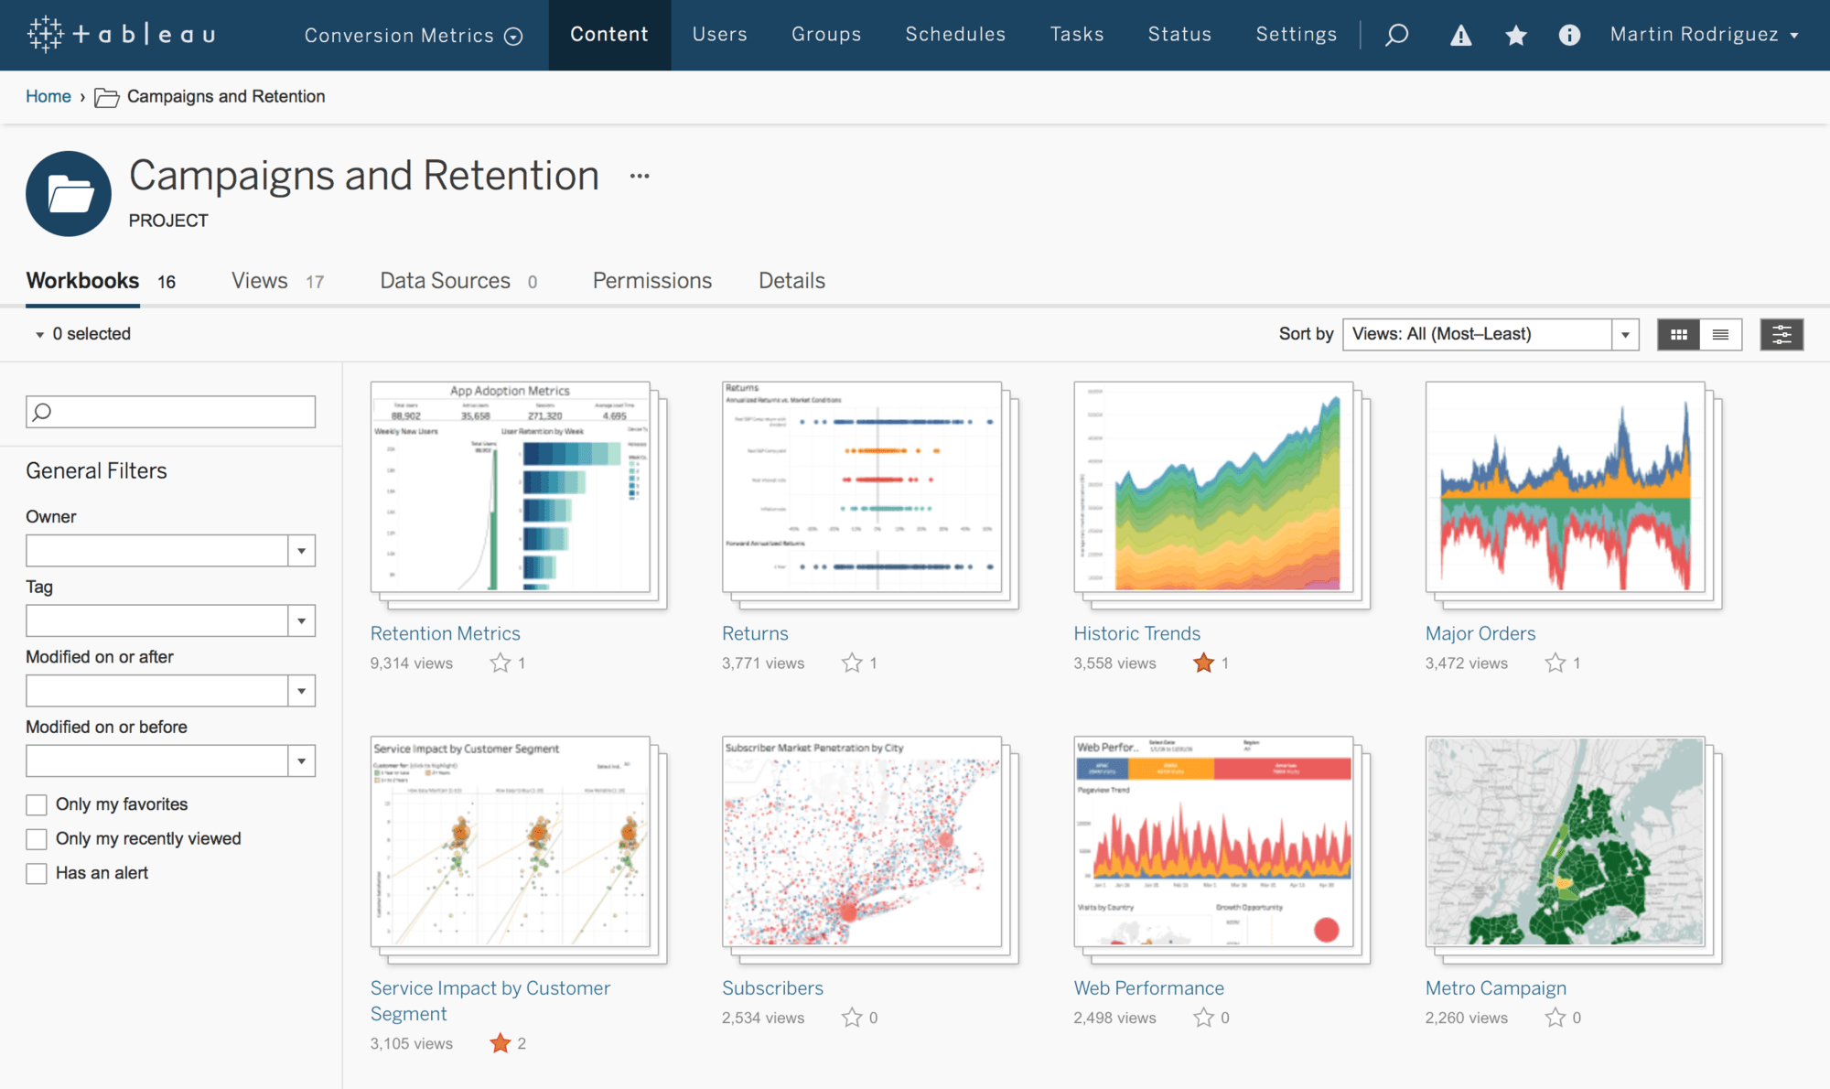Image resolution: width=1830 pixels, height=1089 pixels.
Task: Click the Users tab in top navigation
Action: (x=719, y=35)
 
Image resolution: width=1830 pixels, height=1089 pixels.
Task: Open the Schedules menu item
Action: (x=955, y=35)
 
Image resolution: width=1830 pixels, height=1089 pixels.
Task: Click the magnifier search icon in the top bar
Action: (x=1396, y=36)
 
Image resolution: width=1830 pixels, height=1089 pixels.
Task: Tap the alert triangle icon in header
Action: (x=1460, y=36)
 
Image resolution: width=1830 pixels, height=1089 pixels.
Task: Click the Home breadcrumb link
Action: (x=48, y=96)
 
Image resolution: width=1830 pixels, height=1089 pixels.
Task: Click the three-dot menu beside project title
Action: (x=640, y=176)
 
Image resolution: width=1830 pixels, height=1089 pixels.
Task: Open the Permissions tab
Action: (x=651, y=281)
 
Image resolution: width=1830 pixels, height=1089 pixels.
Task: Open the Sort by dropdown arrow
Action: (x=1625, y=335)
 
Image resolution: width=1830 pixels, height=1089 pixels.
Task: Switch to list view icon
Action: (x=1720, y=335)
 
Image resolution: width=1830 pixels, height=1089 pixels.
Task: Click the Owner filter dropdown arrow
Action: (x=301, y=551)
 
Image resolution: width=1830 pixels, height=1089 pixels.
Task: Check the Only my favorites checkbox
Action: (x=37, y=804)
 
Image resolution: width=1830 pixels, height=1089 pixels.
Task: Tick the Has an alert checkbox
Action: (x=37, y=874)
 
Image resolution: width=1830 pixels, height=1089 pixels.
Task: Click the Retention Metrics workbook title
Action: (x=445, y=633)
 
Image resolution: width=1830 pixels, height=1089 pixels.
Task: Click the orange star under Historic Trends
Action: (x=1203, y=663)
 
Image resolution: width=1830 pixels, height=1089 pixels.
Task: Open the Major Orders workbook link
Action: (x=1480, y=633)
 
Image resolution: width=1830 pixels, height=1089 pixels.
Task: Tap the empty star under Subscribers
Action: (x=852, y=1018)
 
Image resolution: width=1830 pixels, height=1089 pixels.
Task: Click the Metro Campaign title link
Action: (x=1495, y=988)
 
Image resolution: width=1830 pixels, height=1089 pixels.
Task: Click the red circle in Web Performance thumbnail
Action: (x=1326, y=930)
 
